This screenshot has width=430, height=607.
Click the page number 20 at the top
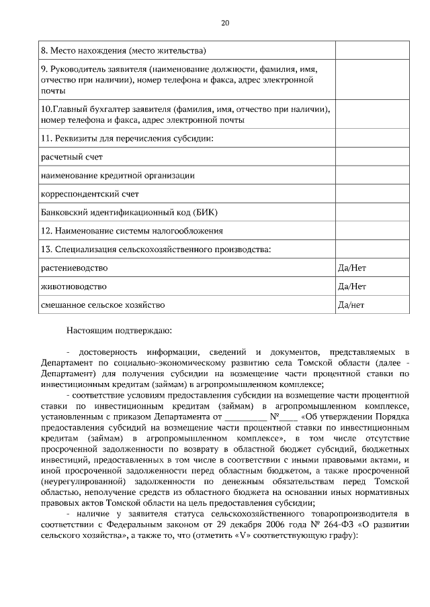[226, 23]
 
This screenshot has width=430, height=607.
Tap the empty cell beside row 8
[372, 50]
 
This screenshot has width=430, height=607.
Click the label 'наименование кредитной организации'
[118, 176]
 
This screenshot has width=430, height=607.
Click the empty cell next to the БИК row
[372, 213]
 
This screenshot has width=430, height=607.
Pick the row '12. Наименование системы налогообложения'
[132, 231]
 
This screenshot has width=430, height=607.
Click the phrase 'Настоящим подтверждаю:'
[119, 330]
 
